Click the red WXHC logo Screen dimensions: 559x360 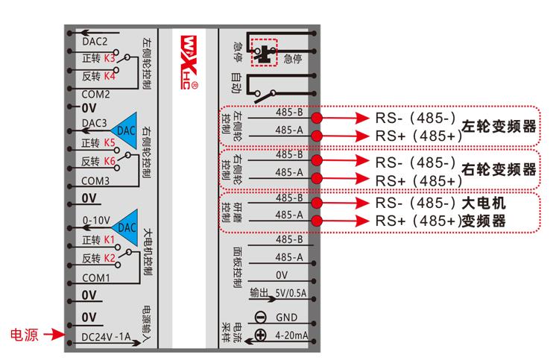tap(189, 62)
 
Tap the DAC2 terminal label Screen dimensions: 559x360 tap(95, 42)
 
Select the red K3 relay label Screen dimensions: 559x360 tap(110, 58)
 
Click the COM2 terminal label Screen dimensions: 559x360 tap(95, 95)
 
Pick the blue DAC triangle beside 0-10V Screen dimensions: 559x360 tap(124, 227)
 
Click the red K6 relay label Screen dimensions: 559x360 tap(110, 162)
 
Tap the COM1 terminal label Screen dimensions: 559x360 tap(96, 278)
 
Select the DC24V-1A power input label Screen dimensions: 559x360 tap(106, 337)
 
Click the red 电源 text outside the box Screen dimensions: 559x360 tap(25, 335)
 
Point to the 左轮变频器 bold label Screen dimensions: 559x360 tap(499, 127)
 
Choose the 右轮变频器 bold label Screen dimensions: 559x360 tap(499, 170)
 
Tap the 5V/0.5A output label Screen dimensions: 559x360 tap(291, 293)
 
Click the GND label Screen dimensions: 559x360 tap(286, 318)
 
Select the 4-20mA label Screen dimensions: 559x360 tap(291, 335)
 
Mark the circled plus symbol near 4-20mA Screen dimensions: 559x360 tap(261, 335)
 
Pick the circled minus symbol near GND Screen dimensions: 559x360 tap(261, 318)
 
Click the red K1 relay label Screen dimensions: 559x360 tap(109, 240)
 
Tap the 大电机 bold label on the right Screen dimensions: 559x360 tap(484, 203)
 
